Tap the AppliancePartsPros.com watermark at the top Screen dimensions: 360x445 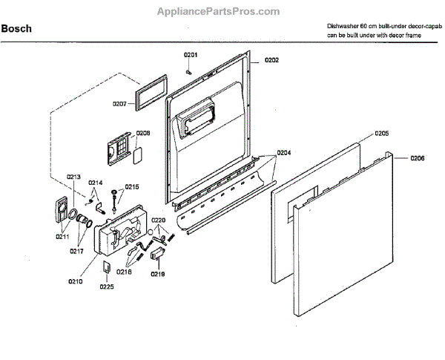tap(222, 11)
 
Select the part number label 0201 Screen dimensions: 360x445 tap(191, 55)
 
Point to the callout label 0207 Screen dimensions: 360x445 tap(121, 104)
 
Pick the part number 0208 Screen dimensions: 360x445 tap(143, 134)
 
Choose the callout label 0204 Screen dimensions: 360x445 tap(284, 153)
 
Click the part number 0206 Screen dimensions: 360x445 tap(418, 159)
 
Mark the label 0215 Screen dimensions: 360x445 tap(131, 187)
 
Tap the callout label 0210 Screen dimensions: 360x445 tap(75, 282)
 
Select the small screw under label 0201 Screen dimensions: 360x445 tap(191, 72)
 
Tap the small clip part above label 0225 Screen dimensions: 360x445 tap(107, 266)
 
